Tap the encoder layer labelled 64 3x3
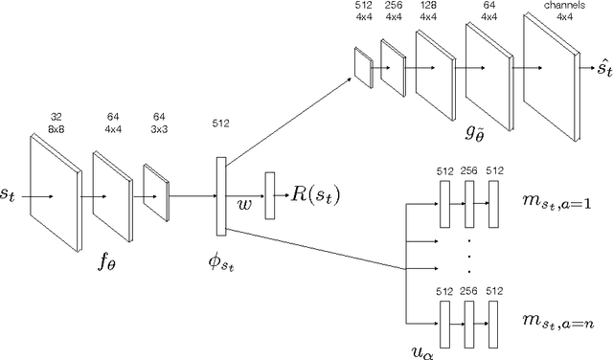pos(155,194)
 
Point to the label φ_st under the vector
pos(224,261)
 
